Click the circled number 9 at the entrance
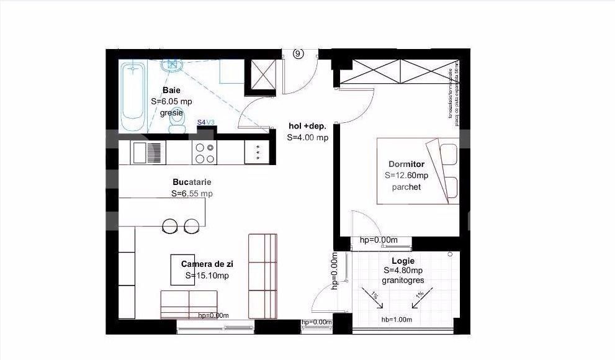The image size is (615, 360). pyautogui.click(x=299, y=54)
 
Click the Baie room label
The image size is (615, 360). pyautogui.click(x=163, y=91)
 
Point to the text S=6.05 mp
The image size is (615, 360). pyautogui.click(x=172, y=102)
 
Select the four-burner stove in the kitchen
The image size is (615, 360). pyautogui.click(x=205, y=153)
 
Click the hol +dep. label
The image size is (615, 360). pyautogui.click(x=307, y=127)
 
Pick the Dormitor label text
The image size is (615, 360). pyautogui.click(x=406, y=164)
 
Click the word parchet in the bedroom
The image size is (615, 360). pyautogui.click(x=406, y=186)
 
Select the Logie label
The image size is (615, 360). pyautogui.click(x=403, y=261)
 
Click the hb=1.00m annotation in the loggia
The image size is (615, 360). pyautogui.click(x=397, y=320)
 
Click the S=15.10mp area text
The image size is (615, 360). pyautogui.click(x=207, y=276)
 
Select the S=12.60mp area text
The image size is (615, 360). pyautogui.click(x=406, y=176)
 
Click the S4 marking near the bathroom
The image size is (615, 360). pyautogui.click(x=201, y=123)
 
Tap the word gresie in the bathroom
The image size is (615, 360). pyautogui.click(x=171, y=113)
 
